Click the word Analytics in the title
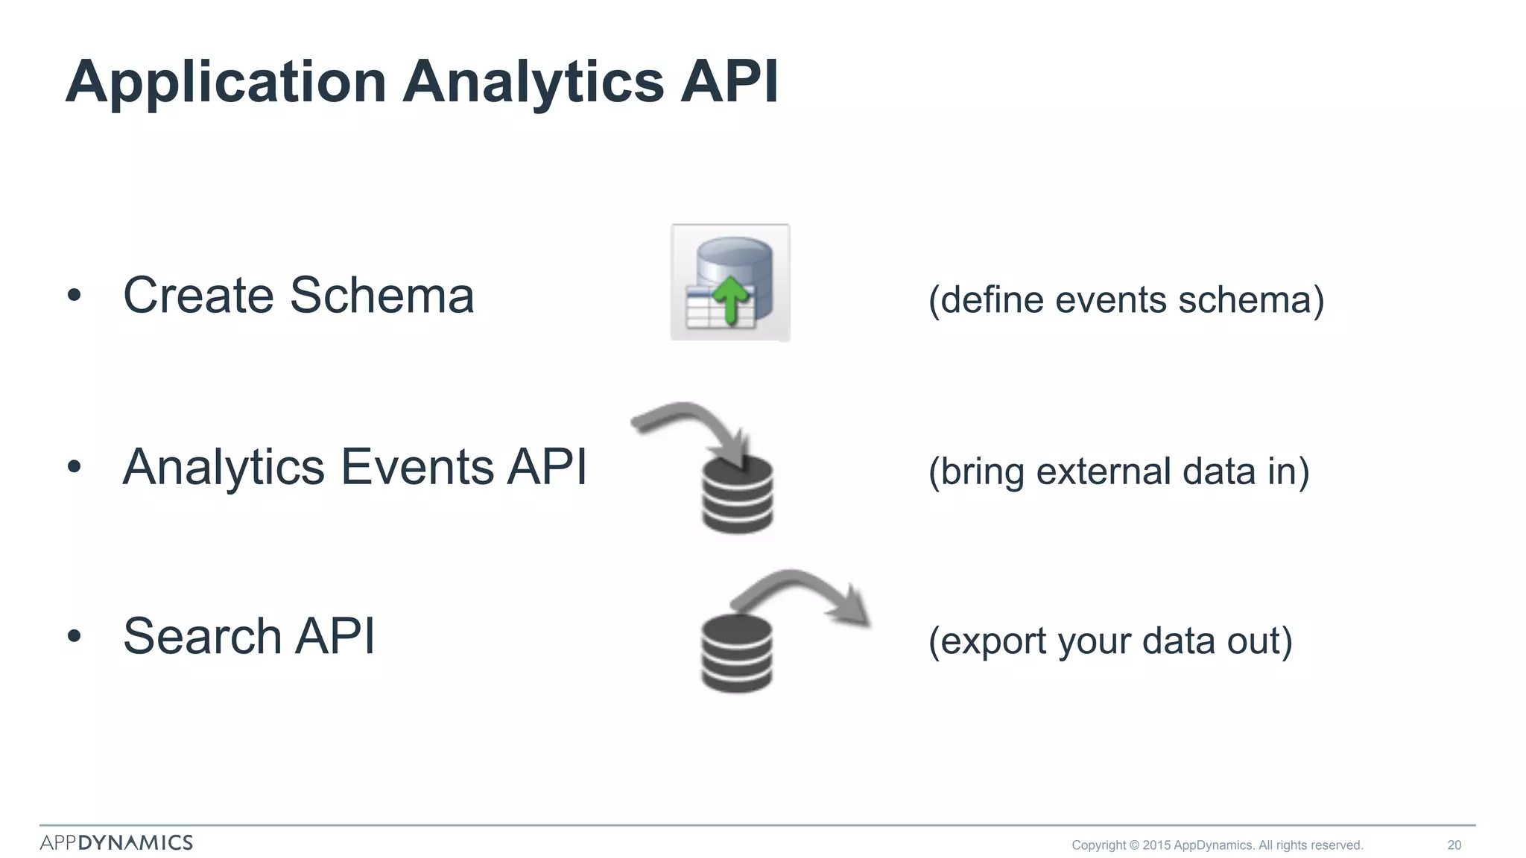533,82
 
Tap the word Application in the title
226,82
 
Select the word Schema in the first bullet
381,296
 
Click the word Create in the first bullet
198,296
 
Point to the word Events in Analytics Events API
417,467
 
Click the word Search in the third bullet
202,637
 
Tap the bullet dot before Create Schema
73,296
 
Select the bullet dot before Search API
73,637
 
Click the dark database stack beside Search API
737,654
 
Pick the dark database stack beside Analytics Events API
738,495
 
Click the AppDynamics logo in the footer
116,842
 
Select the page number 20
1454,845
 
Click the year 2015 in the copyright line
1156,845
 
